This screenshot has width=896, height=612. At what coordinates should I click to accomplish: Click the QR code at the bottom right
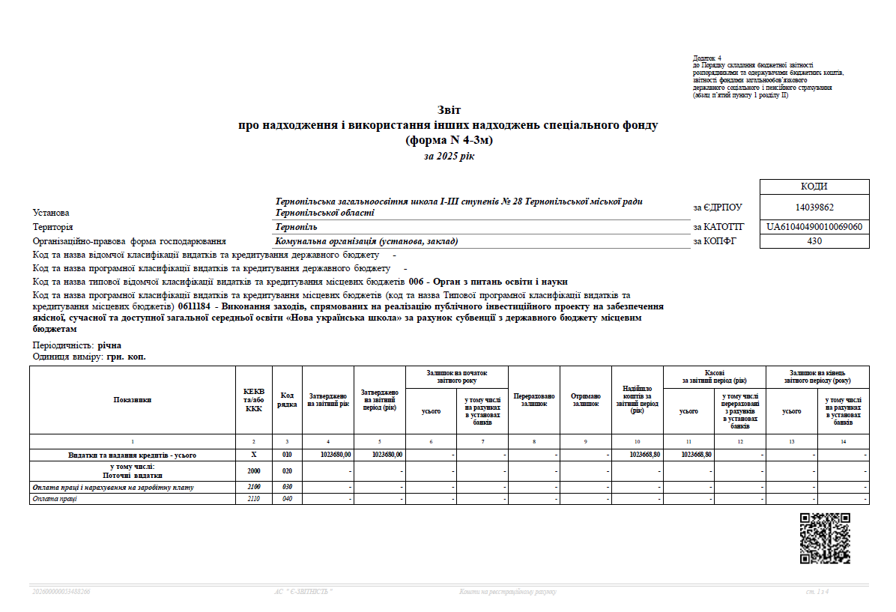tap(825, 538)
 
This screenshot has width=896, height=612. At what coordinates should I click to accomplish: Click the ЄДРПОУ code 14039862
tap(814, 207)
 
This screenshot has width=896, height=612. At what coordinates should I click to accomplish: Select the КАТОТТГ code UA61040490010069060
tap(814, 226)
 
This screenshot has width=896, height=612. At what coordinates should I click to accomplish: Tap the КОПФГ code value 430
tap(814, 241)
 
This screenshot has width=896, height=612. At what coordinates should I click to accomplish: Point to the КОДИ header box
tap(814, 187)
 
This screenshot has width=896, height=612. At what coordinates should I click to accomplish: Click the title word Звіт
tap(448, 111)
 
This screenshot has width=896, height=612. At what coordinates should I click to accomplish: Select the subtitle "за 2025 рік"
tap(448, 156)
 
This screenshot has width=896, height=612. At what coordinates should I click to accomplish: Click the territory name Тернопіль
tap(296, 227)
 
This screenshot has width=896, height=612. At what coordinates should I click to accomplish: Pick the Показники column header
tap(132, 400)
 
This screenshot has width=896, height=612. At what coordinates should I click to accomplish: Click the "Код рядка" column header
tap(287, 400)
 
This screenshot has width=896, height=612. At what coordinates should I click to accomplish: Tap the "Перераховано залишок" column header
tap(534, 400)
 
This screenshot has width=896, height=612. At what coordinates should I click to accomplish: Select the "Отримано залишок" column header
tap(586, 400)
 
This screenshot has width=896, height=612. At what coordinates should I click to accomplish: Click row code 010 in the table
tap(287, 455)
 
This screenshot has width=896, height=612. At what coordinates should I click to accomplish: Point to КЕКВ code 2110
tap(254, 500)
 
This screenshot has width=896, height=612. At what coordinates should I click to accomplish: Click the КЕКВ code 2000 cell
tap(254, 471)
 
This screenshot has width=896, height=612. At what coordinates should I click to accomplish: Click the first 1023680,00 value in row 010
tap(336, 455)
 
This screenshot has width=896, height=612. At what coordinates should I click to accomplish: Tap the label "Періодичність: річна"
tap(77, 346)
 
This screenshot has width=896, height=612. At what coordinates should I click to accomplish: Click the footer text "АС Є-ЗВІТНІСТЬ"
tap(304, 592)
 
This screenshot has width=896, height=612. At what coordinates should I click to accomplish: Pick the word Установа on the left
tap(51, 213)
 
